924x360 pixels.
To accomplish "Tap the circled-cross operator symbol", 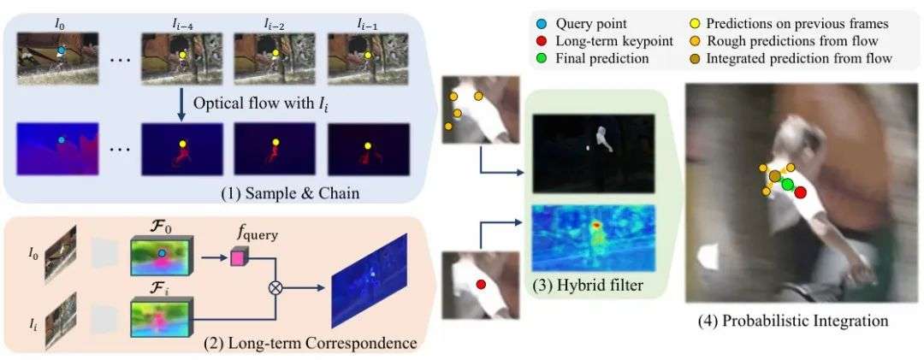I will pos(275,288).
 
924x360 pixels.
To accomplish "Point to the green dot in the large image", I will pos(787,185).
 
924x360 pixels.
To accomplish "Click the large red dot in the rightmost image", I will pos(800,192).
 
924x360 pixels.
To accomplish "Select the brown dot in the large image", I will pos(775,177).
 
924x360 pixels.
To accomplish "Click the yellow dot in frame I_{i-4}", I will pos(182,55).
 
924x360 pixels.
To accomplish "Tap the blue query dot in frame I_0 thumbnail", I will pos(61,51).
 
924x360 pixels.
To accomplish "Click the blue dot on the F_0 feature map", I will pos(162,252).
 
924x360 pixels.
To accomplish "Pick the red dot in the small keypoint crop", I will pos(481,284).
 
